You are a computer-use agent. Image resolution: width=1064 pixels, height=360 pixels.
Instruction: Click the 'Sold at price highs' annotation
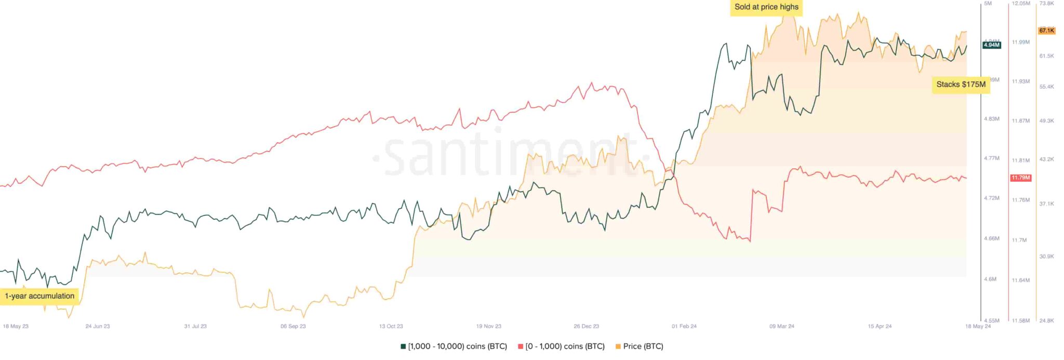[766, 7]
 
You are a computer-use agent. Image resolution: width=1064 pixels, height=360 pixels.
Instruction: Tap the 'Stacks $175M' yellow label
[961, 84]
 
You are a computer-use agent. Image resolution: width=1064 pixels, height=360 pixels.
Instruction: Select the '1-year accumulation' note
[39, 296]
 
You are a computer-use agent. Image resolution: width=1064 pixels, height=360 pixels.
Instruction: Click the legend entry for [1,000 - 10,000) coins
[454, 346]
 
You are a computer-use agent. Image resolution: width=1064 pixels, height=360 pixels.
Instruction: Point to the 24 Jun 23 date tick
[98, 326]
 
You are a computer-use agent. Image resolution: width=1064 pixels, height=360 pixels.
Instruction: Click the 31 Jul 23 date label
[195, 326]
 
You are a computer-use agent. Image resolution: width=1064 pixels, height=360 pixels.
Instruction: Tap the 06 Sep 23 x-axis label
[293, 326]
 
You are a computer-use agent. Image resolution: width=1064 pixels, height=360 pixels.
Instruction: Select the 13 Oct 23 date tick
[391, 326]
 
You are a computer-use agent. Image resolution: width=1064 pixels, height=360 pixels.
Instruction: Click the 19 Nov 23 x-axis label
[488, 326]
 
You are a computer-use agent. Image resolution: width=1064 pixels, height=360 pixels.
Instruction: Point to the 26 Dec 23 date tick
[586, 326]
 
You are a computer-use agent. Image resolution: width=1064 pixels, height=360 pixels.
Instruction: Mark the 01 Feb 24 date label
[684, 326]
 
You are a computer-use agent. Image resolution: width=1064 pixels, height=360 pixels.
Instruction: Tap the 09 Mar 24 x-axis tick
[781, 326]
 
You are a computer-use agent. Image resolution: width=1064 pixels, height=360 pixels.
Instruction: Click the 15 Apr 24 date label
[879, 326]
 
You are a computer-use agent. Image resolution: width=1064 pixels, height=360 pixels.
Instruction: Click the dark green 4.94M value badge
[991, 45]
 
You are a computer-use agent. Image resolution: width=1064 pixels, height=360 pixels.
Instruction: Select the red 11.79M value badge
[1020, 178]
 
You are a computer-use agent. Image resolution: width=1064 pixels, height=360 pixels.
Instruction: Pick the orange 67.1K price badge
[1046, 31]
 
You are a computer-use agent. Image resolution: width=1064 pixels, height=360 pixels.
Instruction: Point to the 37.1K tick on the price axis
[1046, 204]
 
